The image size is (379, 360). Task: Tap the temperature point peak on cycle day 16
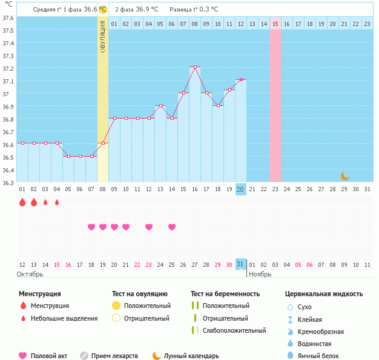point(195,67)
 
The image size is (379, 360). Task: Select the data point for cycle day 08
point(103,143)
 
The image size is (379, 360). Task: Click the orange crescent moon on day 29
point(344,176)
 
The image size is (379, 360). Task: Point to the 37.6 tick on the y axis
point(8,18)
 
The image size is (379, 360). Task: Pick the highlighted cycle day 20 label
point(240,189)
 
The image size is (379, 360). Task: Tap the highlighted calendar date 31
point(240,264)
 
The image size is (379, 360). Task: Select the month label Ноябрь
point(261,274)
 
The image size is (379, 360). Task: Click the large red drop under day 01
point(22,202)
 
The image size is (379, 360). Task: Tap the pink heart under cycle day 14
point(172,227)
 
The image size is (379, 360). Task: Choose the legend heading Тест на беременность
point(225,294)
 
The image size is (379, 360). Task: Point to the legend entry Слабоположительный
point(234,330)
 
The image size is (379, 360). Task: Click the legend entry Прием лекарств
point(114,356)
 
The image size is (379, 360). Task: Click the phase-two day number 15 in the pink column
point(275,24)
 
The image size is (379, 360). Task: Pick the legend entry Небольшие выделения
point(64,318)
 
